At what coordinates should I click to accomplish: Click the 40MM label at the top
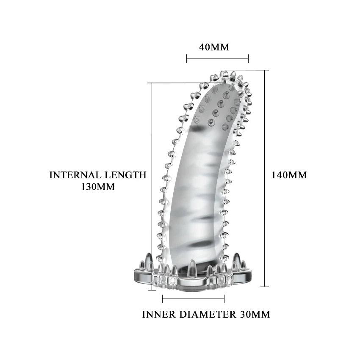[214, 47]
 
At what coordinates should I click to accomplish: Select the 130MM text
[98, 186]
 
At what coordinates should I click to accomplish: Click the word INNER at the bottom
[159, 314]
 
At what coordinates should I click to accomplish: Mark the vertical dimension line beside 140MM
[266, 178]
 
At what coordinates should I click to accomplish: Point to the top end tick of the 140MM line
[266, 70]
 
